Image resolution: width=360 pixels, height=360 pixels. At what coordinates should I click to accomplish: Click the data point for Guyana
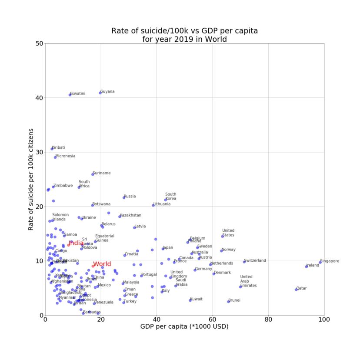click(x=100, y=93)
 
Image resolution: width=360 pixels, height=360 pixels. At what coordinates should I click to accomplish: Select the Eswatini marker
click(x=70, y=94)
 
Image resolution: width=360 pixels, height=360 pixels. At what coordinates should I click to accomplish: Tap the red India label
click(x=76, y=243)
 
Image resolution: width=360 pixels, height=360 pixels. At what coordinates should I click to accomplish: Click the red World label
click(x=102, y=264)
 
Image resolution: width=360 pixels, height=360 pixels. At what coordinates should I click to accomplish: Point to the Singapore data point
click(x=320, y=262)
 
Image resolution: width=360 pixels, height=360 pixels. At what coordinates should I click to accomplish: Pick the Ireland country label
click(x=313, y=266)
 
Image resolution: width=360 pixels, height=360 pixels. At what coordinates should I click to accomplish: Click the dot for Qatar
click(x=297, y=289)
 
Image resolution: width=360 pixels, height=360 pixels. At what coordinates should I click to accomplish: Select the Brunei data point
click(x=228, y=301)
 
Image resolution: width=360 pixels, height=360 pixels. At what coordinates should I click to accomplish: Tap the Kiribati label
click(x=58, y=148)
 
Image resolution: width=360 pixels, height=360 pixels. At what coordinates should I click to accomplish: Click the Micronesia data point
click(x=55, y=157)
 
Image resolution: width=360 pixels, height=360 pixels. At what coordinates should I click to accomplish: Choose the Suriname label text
click(x=102, y=173)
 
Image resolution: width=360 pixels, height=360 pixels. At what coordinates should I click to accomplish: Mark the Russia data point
click(x=124, y=197)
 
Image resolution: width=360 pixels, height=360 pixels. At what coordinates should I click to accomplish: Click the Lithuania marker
click(x=153, y=205)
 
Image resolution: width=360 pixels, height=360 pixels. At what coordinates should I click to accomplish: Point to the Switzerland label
click(x=255, y=261)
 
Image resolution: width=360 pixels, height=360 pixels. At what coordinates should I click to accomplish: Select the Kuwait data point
click(x=190, y=300)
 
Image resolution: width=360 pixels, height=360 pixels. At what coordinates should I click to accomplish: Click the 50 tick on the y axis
click(x=39, y=43)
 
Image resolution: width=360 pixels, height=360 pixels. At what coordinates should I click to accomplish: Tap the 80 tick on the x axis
click(x=268, y=320)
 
